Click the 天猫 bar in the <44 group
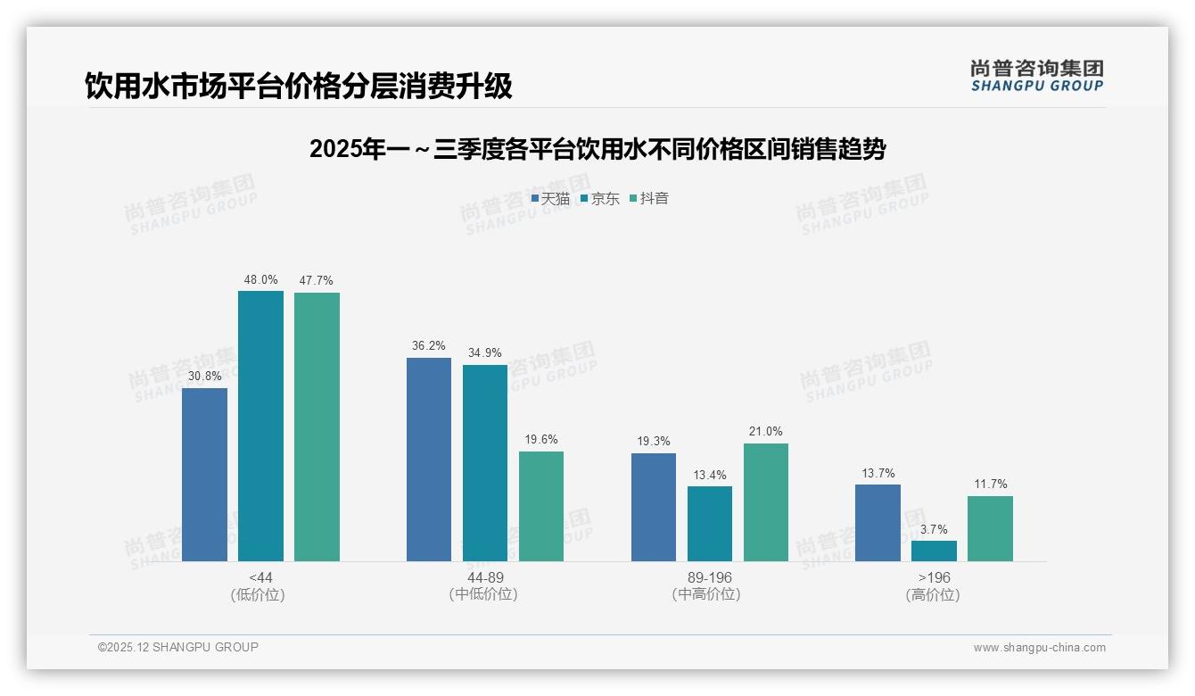pyautogui.click(x=204, y=475)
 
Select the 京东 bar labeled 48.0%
pyautogui.click(x=260, y=427)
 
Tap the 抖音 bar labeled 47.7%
pyautogui.click(x=317, y=427)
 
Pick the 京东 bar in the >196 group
pyautogui.click(x=934, y=551)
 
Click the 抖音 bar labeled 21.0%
pyautogui.click(x=766, y=502)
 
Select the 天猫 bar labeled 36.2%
pyautogui.click(x=429, y=460)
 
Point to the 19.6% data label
pyautogui.click(x=541, y=439)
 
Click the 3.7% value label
pyautogui.click(x=934, y=529)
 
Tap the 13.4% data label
pyautogui.click(x=710, y=475)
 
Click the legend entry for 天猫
pyautogui.click(x=550, y=199)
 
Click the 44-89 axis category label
pyautogui.click(x=485, y=577)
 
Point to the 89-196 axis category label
pyautogui.click(x=710, y=577)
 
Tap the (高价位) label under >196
pyautogui.click(x=934, y=594)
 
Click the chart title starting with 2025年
pyautogui.click(x=597, y=149)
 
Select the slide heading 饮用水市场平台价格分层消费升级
pyautogui.click(x=299, y=86)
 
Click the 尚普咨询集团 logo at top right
pyautogui.click(x=1036, y=76)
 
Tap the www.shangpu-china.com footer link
pyautogui.click(x=1039, y=648)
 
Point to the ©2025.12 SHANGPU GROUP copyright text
pyautogui.click(x=178, y=647)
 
